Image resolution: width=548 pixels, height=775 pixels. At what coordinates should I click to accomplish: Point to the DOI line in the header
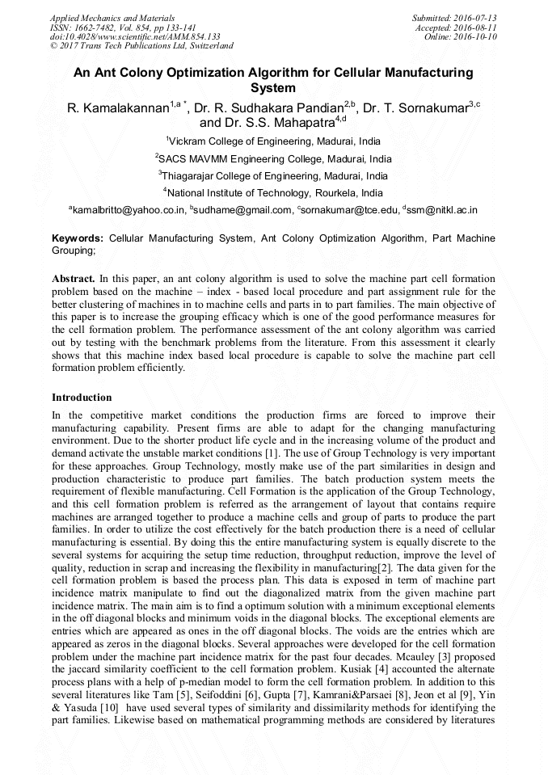[135, 36]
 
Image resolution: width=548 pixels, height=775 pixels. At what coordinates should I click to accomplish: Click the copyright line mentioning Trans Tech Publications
[141, 46]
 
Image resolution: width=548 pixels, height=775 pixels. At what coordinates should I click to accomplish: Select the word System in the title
[273, 88]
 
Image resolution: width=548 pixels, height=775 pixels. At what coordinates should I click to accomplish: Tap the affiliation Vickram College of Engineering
[275, 141]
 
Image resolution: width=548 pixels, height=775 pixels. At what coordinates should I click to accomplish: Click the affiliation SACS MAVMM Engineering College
[275, 158]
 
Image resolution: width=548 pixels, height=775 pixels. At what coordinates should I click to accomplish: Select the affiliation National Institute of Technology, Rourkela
[275, 193]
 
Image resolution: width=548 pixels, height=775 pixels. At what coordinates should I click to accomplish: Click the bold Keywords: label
[78, 239]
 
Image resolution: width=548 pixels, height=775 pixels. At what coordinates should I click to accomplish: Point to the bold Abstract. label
[74, 277]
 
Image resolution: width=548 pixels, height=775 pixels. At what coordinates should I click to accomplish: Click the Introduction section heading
[82, 398]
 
